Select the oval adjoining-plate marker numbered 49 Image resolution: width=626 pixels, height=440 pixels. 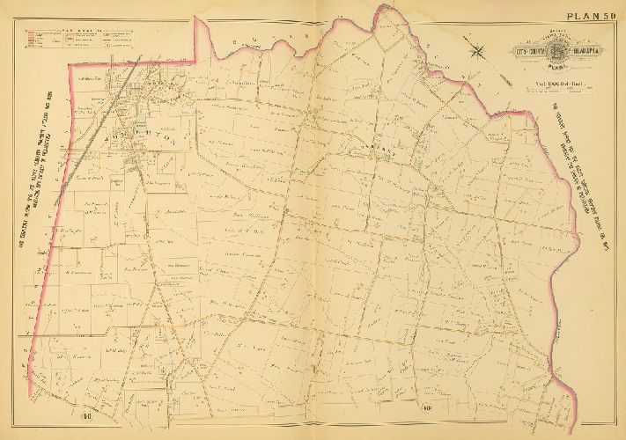pyautogui.click(x=401, y=407)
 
